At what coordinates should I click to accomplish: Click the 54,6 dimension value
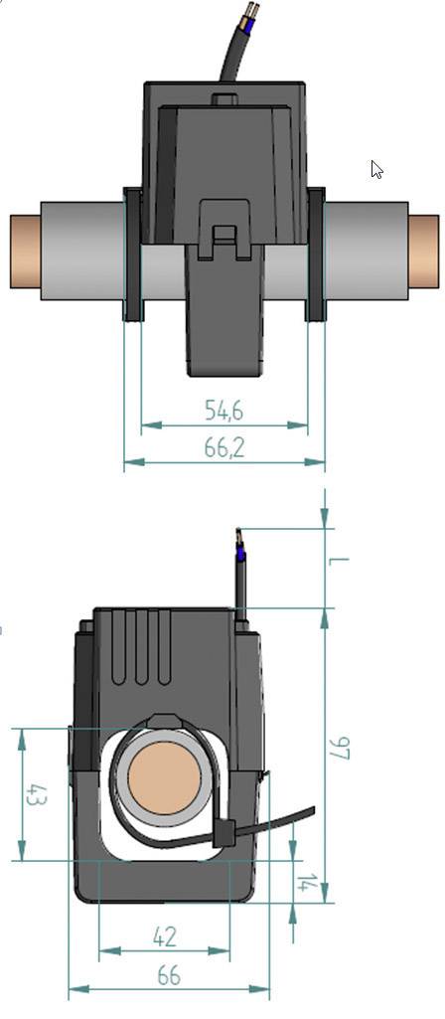[224, 410]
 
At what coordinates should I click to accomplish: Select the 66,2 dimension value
[224, 448]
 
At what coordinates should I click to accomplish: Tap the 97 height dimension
[341, 749]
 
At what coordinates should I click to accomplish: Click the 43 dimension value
[37, 795]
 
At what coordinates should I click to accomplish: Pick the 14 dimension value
[308, 883]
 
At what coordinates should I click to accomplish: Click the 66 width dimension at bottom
[169, 976]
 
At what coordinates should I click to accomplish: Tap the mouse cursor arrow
[376, 169]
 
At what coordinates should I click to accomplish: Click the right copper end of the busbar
[423, 251]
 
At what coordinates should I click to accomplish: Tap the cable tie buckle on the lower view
[225, 833]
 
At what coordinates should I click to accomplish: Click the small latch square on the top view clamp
[225, 235]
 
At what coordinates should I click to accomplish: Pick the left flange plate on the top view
[132, 255]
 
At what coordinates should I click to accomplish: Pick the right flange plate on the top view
[316, 255]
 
